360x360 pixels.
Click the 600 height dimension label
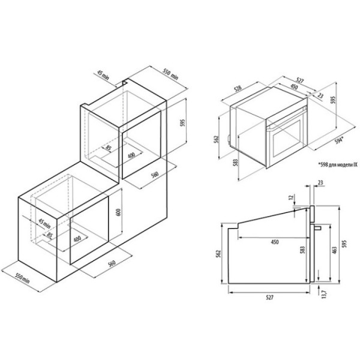coord(118,212)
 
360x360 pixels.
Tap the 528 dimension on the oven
coord(238,89)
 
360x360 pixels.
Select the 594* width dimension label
coord(339,140)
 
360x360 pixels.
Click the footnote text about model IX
coord(338,164)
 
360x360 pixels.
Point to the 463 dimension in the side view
coord(334,250)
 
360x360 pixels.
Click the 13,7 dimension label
coord(324,294)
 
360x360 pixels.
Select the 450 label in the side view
coord(275,242)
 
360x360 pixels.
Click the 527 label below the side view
coord(269,298)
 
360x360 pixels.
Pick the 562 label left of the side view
coord(218,253)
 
